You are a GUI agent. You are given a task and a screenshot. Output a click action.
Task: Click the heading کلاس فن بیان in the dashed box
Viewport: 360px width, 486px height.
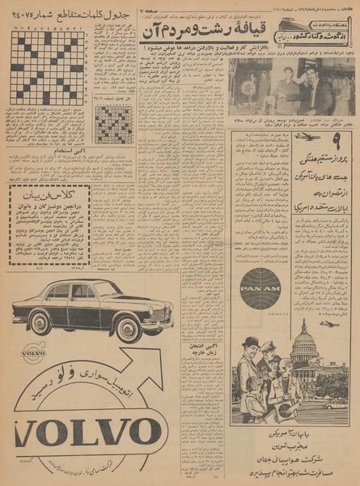[x=48, y=194]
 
